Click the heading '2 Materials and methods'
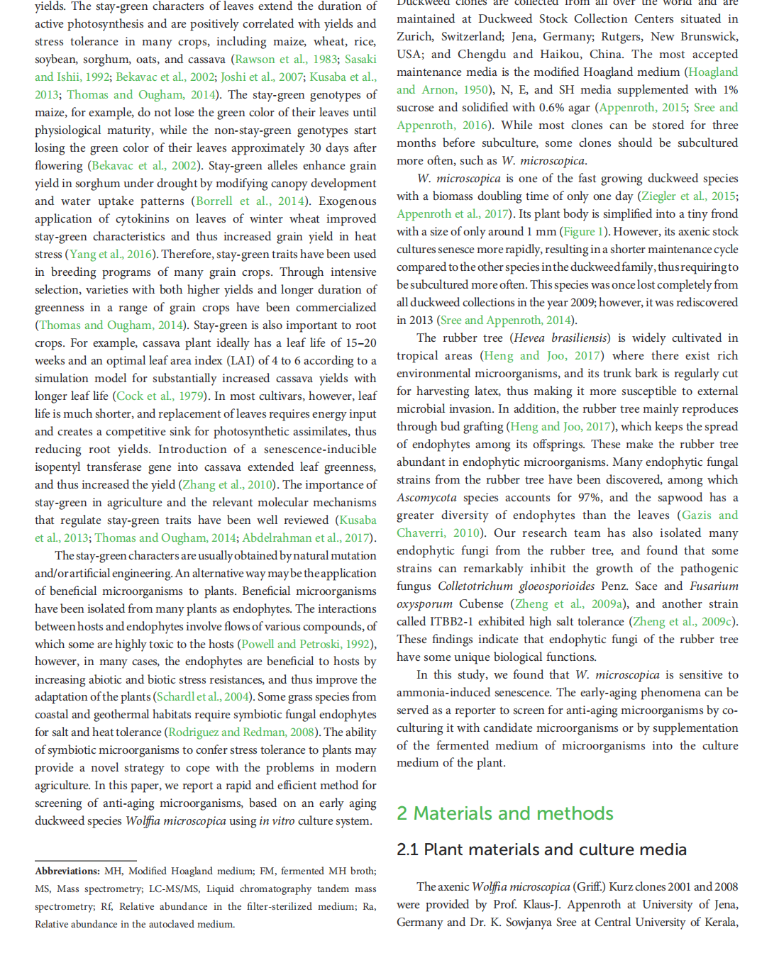point(504,813)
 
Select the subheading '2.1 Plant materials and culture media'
point(541,850)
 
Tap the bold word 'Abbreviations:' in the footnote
point(67,871)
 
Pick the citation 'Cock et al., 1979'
point(160,396)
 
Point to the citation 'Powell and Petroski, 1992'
point(306,645)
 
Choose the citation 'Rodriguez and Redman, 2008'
point(241,733)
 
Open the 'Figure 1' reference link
point(582,232)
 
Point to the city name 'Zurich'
point(415,37)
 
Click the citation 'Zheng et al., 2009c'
point(683,622)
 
